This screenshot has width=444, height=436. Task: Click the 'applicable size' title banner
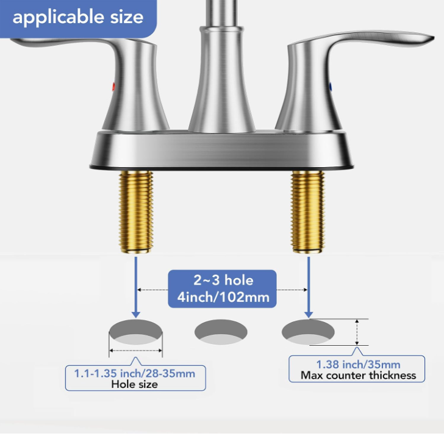pos(78,18)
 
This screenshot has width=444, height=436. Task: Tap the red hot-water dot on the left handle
pos(113,87)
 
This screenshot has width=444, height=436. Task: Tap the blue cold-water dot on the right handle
pos(331,87)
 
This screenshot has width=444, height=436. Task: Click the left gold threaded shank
pos(136,212)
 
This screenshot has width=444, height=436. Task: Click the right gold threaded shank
pos(308,212)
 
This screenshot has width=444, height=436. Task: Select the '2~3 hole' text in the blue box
pos(223,281)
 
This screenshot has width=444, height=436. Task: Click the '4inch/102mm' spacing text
pos(223,298)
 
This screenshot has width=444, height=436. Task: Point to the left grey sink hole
pos(135,332)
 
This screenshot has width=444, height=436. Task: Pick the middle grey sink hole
pos(221,332)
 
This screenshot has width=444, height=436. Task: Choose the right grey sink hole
pos(308,332)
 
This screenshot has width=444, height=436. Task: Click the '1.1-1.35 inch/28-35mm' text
pos(135,374)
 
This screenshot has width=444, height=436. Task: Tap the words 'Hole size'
pos(135,384)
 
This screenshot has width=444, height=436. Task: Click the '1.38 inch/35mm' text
pos(358,365)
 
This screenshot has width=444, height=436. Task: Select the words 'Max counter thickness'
pos(358,376)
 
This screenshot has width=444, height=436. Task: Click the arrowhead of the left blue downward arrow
pos(136,315)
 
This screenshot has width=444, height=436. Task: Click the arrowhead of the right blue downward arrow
pos(309,315)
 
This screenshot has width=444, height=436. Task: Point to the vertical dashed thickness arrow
pos(357,332)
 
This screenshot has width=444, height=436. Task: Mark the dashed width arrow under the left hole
pos(135,351)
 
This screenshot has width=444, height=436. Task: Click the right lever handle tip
pos(431,38)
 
